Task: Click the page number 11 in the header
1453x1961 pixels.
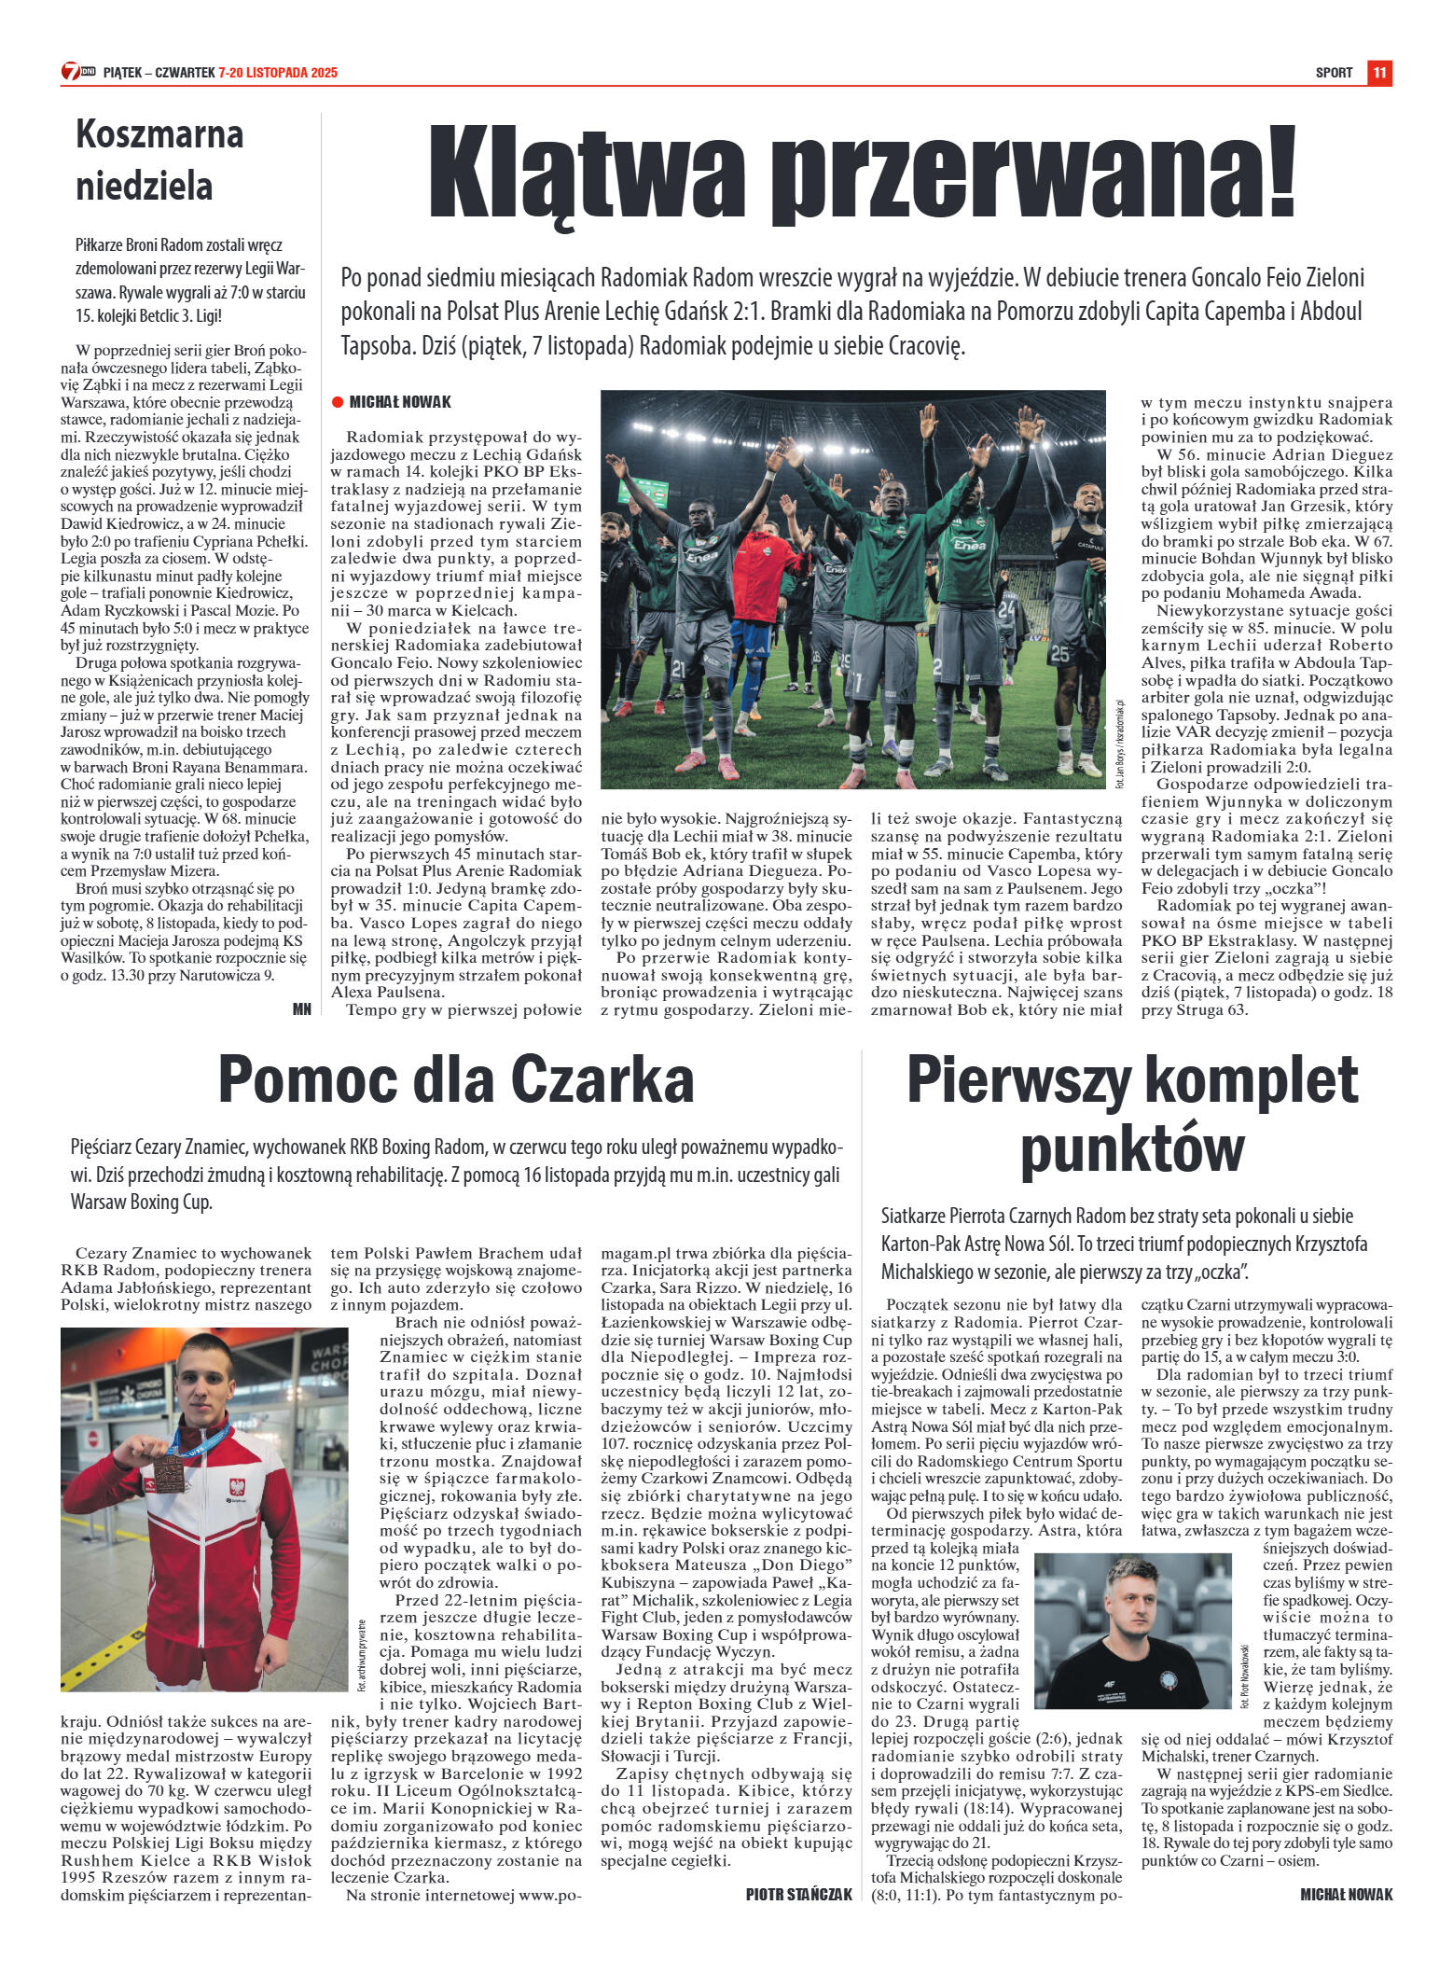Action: point(1379,73)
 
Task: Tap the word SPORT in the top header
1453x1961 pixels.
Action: point(1334,73)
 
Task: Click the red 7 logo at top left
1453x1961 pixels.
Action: point(71,72)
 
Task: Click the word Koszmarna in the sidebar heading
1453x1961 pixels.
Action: point(159,135)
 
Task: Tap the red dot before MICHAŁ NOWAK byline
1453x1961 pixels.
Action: point(338,402)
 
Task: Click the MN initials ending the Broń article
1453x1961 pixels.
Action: point(301,1008)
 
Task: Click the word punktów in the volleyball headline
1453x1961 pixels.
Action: point(1132,1149)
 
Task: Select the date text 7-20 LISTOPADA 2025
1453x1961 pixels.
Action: point(278,73)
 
